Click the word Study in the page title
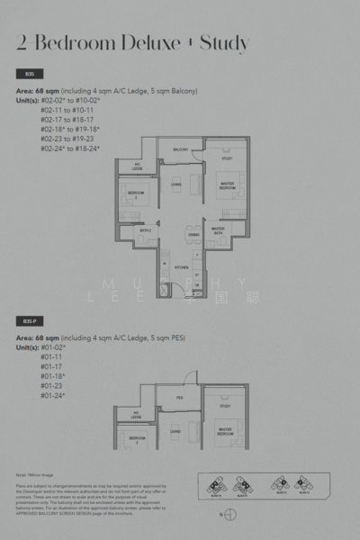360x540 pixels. click(x=224, y=42)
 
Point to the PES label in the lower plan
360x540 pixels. click(x=179, y=397)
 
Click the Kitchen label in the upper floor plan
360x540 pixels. click(x=180, y=267)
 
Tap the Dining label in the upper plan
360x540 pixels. click(x=193, y=235)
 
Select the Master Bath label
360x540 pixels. click(x=218, y=230)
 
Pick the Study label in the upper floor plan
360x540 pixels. click(x=226, y=158)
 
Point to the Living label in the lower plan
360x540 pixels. click(x=176, y=433)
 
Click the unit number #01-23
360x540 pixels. click(x=52, y=385)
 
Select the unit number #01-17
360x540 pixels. click(x=52, y=366)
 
